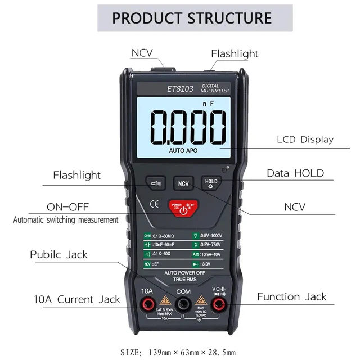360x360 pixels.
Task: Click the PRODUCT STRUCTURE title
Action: point(192,17)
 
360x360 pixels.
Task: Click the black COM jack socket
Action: point(182,305)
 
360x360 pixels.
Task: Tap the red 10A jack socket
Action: point(147,305)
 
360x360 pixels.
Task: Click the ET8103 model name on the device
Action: point(180,89)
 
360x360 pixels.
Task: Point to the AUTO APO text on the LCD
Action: point(183,151)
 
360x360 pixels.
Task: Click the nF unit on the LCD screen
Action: point(208,103)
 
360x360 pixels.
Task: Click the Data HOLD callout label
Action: point(295,173)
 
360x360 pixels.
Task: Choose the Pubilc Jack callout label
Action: point(58,254)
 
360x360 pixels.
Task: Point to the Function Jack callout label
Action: point(291,296)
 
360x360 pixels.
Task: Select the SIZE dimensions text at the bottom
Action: point(178,353)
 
